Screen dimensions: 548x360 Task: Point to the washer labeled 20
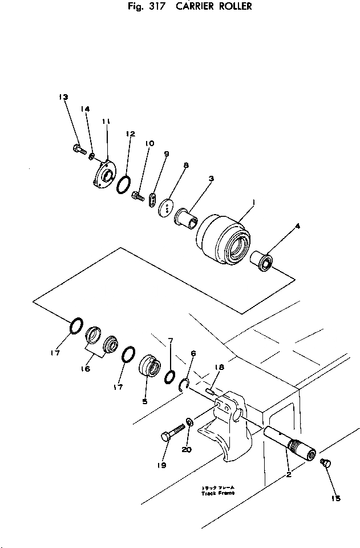click(189, 424)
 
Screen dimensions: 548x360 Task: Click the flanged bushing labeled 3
click(185, 217)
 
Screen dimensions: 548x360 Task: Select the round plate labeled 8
click(166, 206)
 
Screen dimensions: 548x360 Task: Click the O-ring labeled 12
click(123, 184)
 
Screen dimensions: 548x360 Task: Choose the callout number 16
click(86, 369)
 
